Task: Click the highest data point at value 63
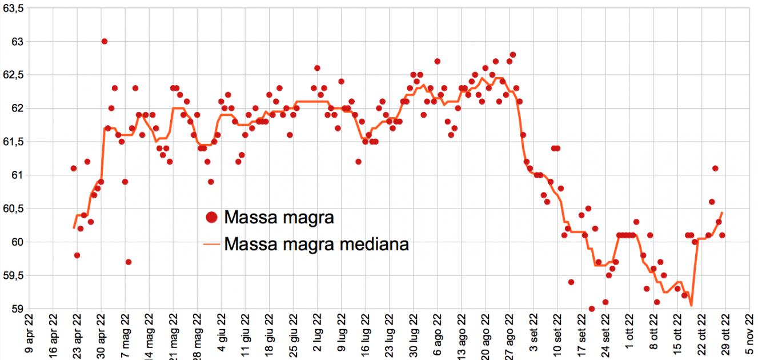(x=105, y=41)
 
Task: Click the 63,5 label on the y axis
(x=12, y=9)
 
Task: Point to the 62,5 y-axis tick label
(x=12, y=75)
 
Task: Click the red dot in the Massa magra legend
(x=212, y=217)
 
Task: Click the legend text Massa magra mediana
(x=316, y=244)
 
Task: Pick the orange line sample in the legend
(x=212, y=245)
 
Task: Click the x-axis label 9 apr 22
(x=29, y=337)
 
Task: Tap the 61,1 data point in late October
(x=715, y=169)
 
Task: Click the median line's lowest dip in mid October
(x=691, y=305)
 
